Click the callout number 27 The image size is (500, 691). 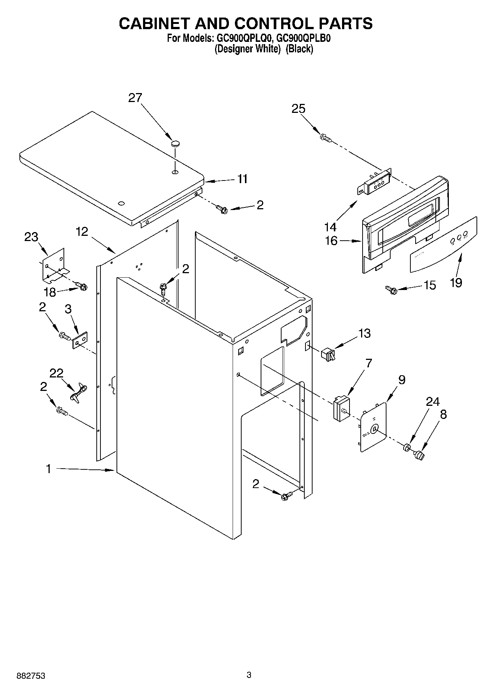135,98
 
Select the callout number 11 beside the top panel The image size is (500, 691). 242,179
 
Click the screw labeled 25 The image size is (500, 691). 325,138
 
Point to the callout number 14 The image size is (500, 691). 330,226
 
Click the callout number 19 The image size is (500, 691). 456,283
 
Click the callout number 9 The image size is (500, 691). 402,380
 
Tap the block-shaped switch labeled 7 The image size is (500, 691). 341,408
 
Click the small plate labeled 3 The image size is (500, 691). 80,340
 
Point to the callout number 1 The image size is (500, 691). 49,469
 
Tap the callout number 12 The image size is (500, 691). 82,232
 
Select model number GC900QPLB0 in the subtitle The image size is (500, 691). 304,38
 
